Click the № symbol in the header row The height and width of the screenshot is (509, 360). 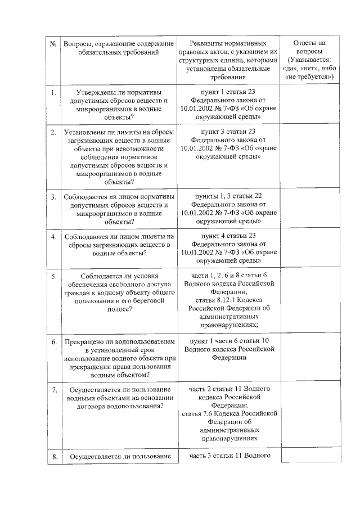coord(53,44)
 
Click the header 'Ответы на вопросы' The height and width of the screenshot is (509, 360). coord(309,47)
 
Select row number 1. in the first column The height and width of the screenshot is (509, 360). coord(53,92)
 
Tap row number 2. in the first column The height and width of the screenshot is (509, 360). coord(53,132)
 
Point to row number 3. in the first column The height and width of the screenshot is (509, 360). coord(53,197)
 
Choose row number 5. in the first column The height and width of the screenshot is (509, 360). coord(53,277)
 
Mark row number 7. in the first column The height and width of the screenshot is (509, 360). coord(53,389)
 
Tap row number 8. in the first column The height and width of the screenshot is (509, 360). coord(53,457)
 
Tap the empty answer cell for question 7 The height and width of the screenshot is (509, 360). coord(309,413)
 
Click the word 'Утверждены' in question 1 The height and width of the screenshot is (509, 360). coord(94,92)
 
